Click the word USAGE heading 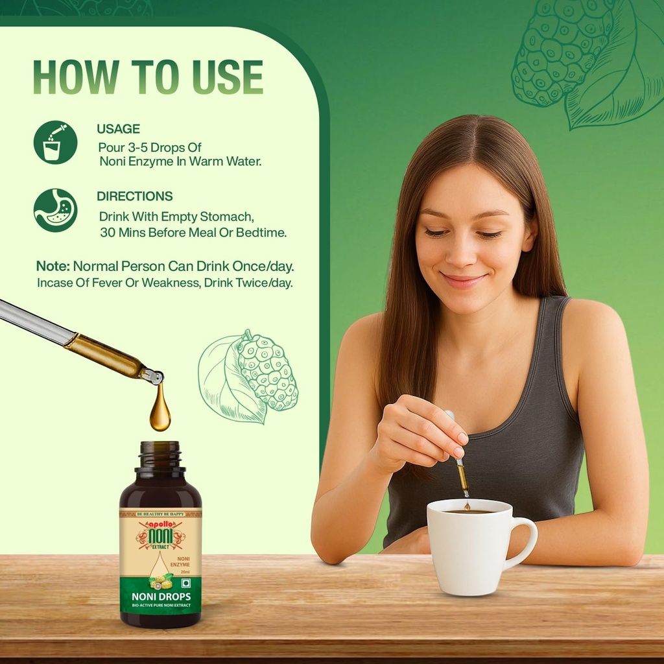(x=118, y=129)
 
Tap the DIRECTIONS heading (x=135, y=196)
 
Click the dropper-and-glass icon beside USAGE (x=56, y=142)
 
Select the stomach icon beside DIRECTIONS (x=56, y=211)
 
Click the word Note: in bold (x=53, y=267)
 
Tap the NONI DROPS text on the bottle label (x=161, y=597)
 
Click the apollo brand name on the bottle (x=160, y=524)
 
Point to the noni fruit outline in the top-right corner (x=587, y=64)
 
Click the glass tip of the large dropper (x=154, y=376)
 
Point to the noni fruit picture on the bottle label (x=161, y=581)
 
